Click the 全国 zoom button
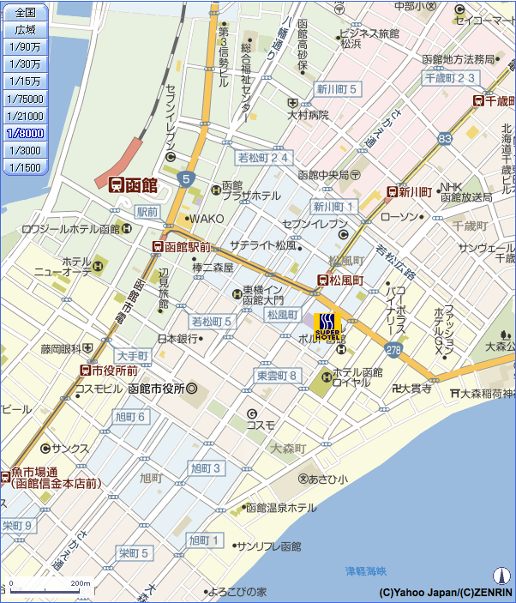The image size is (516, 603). point(25,12)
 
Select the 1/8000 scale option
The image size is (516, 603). point(25,133)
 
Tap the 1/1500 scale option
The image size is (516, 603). point(25,167)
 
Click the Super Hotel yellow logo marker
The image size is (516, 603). point(327,327)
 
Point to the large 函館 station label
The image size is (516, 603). point(133,184)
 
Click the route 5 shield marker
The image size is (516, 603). point(186,178)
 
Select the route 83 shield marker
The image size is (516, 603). point(444,138)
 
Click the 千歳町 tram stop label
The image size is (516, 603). point(492,100)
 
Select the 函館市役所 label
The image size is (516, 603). point(162,389)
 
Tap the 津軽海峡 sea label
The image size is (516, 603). point(366,570)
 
